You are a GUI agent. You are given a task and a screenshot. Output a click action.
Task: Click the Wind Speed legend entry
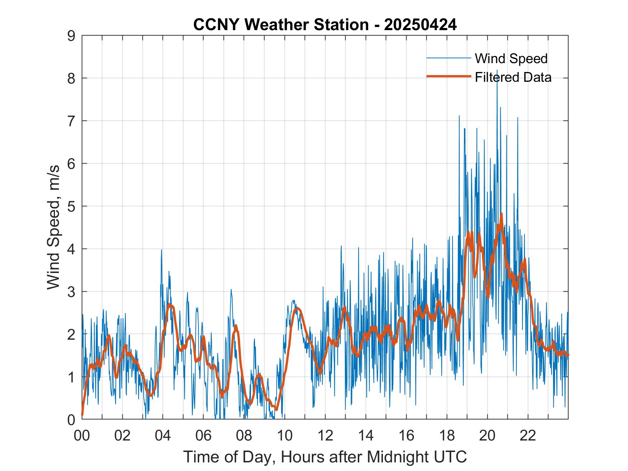511,58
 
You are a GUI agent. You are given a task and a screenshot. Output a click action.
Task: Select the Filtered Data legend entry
513,77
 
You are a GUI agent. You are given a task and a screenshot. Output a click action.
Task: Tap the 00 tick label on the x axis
82,435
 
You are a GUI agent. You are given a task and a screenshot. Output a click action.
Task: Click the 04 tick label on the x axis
163,435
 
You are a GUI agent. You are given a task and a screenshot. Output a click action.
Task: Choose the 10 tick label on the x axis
285,435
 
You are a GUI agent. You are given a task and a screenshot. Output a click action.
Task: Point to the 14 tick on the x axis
366,435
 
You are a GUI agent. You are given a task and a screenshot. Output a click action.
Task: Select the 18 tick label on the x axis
447,435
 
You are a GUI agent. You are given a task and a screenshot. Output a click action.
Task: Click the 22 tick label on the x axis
528,435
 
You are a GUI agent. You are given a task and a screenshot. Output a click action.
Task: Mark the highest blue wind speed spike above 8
497,71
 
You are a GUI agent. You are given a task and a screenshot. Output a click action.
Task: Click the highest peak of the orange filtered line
501,214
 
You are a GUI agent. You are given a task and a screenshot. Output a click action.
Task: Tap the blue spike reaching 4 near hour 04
161,250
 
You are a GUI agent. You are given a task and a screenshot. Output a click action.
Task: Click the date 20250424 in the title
420,25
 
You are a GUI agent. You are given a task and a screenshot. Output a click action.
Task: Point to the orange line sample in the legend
449,76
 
